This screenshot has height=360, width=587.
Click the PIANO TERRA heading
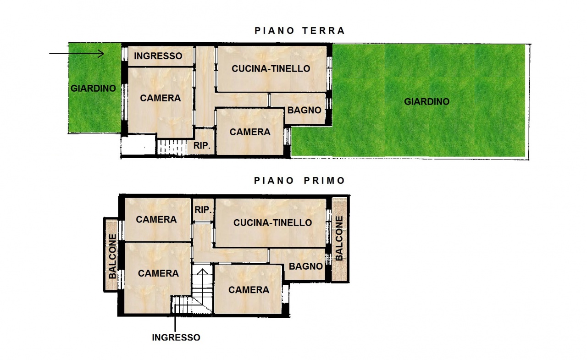(x=299, y=31)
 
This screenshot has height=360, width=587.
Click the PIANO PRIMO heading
(x=299, y=181)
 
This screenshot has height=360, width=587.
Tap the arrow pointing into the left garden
(x=77, y=54)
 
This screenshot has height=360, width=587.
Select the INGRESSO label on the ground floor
(x=158, y=56)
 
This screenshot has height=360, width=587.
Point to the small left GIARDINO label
(x=93, y=89)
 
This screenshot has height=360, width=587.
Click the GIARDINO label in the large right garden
(x=426, y=102)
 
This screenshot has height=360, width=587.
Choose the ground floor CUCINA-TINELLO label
(x=271, y=69)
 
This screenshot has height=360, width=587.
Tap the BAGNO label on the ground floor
(x=304, y=111)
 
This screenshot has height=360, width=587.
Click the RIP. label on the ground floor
(x=202, y=146)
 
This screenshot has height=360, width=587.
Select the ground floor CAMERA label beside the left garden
(x=160, y=98)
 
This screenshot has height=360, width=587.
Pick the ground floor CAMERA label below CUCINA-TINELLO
(x=250, y=132)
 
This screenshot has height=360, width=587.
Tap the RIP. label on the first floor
(x=203, y=210)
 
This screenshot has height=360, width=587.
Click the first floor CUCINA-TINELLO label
(x=272, y=223)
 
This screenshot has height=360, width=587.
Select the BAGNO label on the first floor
(x=306, y=266)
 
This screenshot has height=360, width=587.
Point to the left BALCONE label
(x=112, y=256)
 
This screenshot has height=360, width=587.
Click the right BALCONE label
(x=339, y=238)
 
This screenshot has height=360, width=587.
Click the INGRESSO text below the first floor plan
(x=176, y=338)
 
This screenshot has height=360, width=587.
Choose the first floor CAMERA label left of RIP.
(x=156, y=220)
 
